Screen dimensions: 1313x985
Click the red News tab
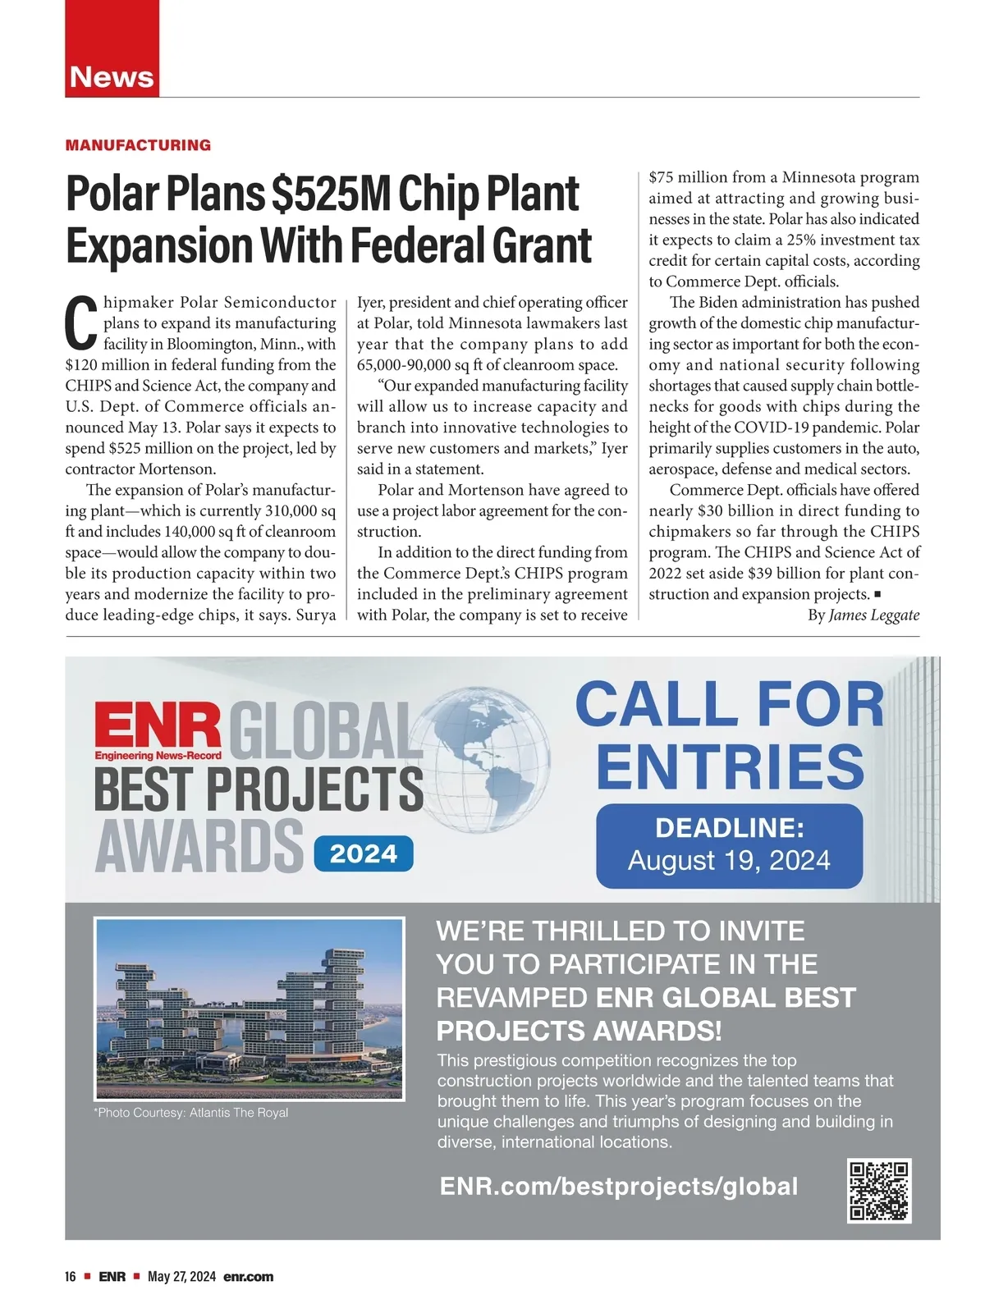112,76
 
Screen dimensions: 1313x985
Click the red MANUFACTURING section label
138,145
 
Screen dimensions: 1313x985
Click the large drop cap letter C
81,323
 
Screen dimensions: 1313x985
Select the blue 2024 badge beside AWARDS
363,854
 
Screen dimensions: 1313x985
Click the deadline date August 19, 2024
729,860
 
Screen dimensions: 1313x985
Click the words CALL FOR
729,704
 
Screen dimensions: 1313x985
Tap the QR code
879,1191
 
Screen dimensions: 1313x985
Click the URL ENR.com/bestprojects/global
618,1187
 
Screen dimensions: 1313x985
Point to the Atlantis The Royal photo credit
192,1113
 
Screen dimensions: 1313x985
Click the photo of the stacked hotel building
250,1009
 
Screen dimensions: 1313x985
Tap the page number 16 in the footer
71,1277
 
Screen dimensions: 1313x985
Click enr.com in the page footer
248,1277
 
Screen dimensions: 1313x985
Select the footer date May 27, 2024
181,1277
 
